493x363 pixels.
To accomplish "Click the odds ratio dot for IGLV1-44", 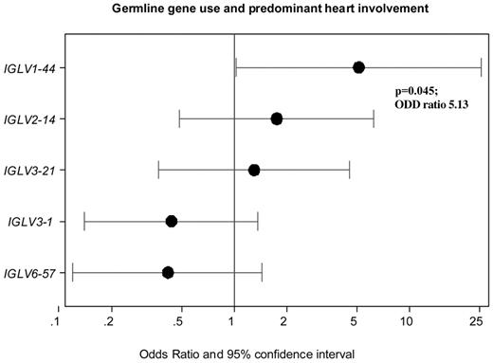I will (x=358, y=67).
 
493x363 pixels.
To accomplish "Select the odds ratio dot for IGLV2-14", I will (x=277, y=118).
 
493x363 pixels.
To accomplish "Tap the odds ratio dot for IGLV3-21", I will (x=254, y=170).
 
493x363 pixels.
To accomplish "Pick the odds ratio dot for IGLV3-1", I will (x=172, y=221).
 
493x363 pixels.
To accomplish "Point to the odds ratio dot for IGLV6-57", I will (x=168, y=272).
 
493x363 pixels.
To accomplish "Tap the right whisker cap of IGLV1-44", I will (x=481, y=67).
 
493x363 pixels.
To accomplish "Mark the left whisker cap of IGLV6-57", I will (x=73, y=272).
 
